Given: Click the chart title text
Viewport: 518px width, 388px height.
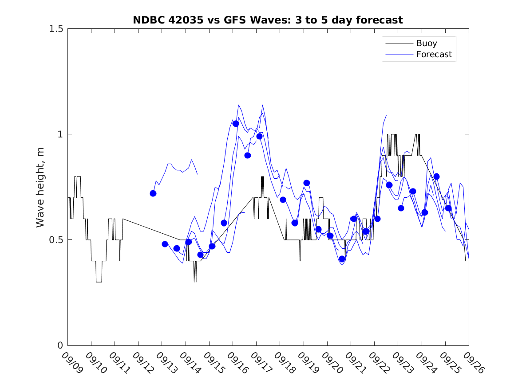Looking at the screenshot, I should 268,20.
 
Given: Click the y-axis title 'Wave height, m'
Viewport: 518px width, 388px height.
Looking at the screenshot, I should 40,187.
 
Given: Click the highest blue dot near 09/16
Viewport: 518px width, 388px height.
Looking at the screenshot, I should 236,124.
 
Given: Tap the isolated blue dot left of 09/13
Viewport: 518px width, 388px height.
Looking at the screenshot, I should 153,193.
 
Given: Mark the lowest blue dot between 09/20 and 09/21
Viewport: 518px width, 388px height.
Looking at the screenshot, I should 342,259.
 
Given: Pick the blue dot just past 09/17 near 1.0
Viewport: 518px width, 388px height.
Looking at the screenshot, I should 259,136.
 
